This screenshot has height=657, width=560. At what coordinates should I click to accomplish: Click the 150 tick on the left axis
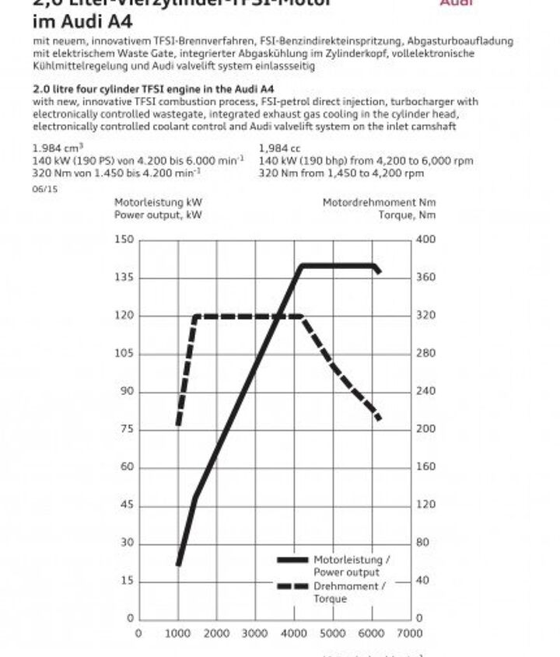click(124, 239)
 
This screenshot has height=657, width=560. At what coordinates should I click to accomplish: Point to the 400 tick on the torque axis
click(426, 239)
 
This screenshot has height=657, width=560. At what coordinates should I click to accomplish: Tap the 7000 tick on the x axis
click(411, 634)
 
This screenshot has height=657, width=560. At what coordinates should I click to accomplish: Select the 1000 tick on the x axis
click(178, 634)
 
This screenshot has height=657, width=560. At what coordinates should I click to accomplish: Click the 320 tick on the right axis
click(426, 316)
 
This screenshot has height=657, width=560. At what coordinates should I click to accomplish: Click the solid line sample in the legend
click(292, 560)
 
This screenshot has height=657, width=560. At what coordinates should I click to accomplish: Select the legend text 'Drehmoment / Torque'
click(348, 593)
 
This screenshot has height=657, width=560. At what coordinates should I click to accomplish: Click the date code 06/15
click(44, 188)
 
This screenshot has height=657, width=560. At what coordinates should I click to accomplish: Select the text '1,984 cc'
click(279, 148)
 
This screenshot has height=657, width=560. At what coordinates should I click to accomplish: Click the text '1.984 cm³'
click(58, 148)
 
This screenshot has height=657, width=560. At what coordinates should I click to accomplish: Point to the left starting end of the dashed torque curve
click(178, 425)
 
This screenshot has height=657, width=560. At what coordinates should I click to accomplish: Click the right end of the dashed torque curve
click(379, 419)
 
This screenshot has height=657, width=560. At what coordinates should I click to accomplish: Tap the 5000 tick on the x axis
click(333, 634)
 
